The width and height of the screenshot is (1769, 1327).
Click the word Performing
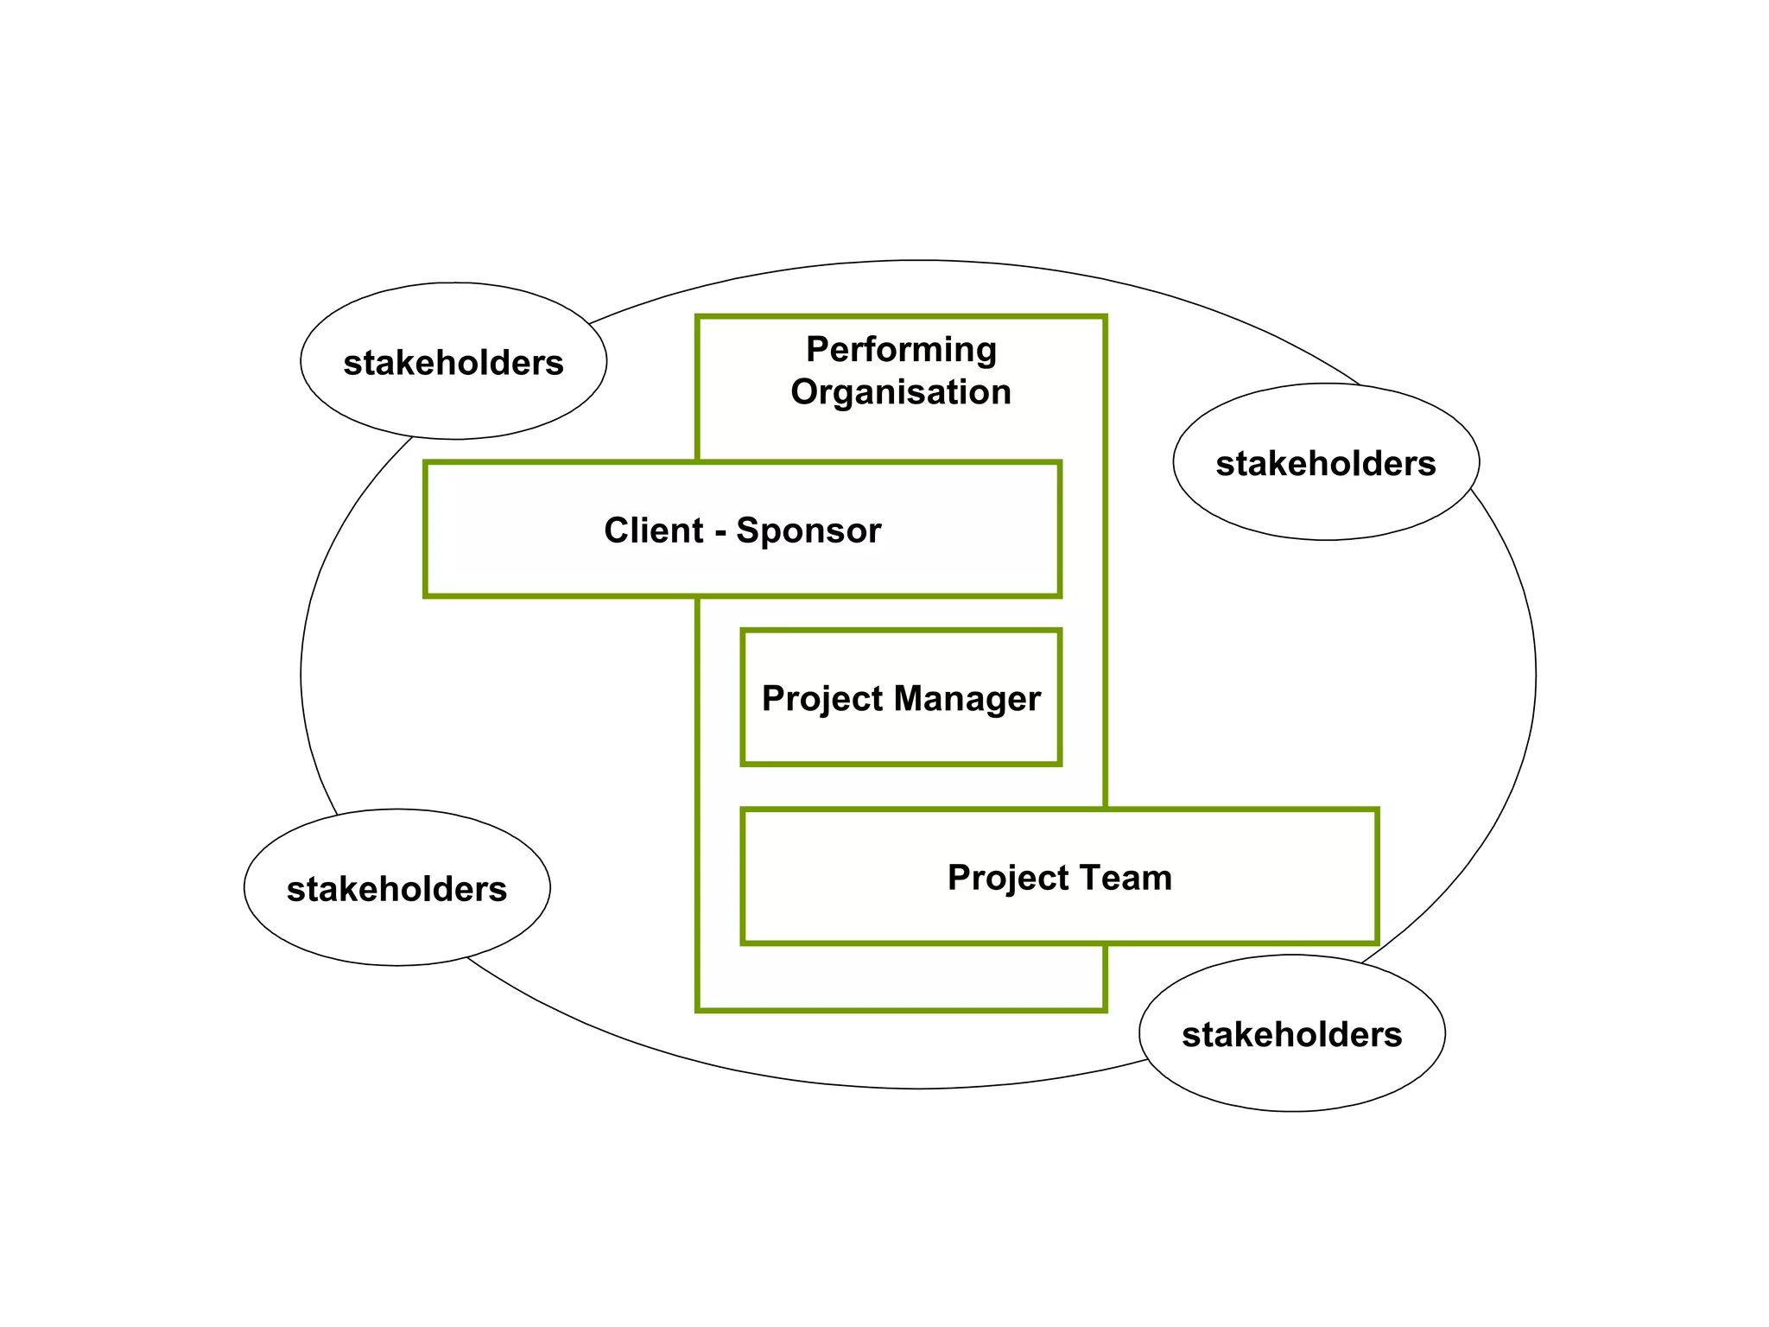pyautogui.click(x=901, y=350)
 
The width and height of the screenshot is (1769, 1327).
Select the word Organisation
pyautogui.click(x=901, y=392)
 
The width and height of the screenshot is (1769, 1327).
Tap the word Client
pyautogui.click(x=653, y=530)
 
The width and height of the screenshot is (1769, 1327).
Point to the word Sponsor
pyautogui.click(x=808, y=530)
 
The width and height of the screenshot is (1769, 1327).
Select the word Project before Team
pyautogui.click(x=1008, y=878)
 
